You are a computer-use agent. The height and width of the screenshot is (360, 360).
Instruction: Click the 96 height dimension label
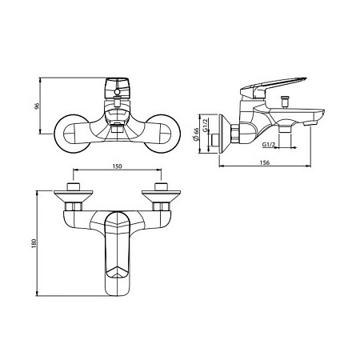38,106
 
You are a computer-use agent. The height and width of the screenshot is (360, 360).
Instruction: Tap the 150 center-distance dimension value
117,166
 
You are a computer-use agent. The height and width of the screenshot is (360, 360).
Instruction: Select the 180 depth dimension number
34,243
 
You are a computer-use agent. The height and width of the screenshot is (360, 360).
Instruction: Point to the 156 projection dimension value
264,162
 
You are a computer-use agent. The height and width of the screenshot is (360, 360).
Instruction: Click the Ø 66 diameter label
196,134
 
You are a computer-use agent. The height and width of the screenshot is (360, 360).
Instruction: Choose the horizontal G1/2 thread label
268,144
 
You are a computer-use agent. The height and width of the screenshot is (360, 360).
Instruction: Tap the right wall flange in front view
162,134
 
